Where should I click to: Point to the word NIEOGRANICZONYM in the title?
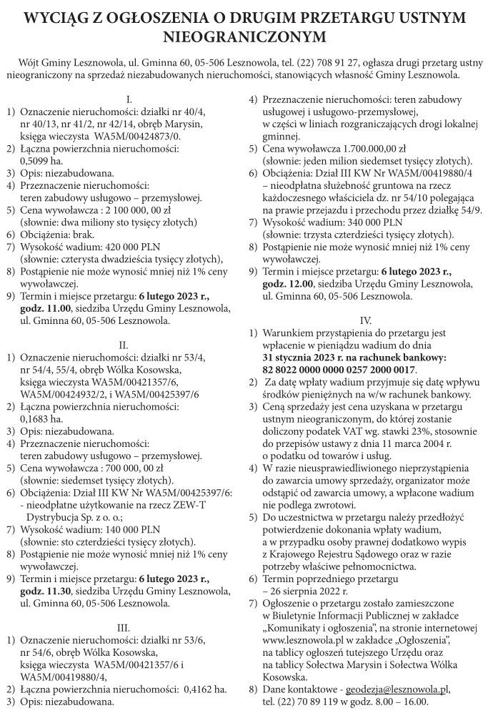click(244, 34)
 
